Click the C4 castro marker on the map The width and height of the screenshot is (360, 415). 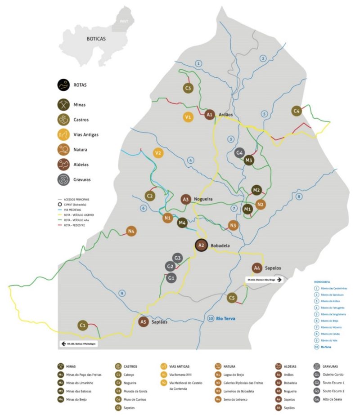point(296,111)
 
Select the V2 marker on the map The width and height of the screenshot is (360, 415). point(158,153)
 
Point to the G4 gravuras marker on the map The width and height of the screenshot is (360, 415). point(240,153)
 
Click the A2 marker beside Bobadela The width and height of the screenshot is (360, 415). point(201,245)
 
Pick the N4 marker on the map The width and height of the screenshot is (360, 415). point(131,232)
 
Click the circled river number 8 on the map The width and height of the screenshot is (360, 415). point(299,196)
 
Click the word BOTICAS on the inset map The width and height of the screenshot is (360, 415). point(96,39)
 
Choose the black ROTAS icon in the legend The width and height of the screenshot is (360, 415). point(63,84)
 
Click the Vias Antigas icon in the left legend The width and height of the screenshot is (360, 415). point(63,134)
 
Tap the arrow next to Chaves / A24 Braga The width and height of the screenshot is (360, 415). point(279,280)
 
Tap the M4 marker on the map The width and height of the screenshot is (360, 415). point(182,223)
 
